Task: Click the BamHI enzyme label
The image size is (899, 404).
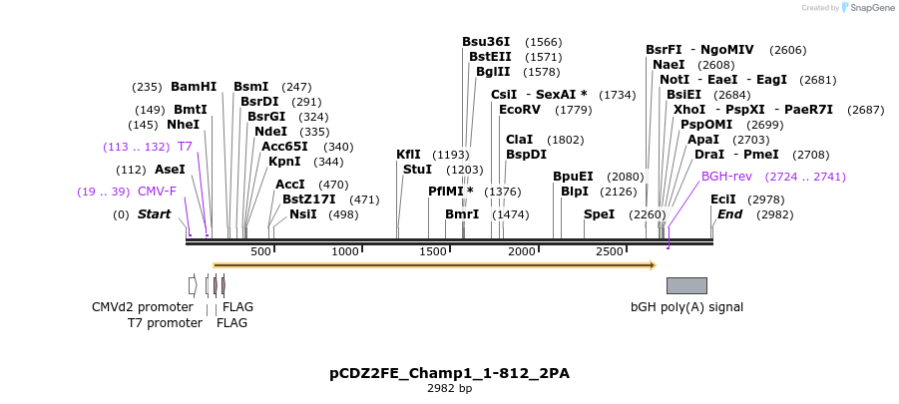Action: tap(194, 87)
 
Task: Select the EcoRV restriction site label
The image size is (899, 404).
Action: tap(519, 109)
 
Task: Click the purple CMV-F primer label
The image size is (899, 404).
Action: tap(157, 192)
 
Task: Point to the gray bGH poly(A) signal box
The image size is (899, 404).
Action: tap(686, 285)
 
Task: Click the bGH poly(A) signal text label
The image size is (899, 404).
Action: tap(686, 307)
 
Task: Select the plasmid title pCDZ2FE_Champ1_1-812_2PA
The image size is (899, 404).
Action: tap(449, 373)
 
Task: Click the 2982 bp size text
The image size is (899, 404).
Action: tap(449, 389)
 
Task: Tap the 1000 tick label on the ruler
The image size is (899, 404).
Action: tap(345, 251)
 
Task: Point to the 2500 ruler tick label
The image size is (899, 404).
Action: tap(609, 251)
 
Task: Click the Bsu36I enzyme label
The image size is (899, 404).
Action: tap(486, 42)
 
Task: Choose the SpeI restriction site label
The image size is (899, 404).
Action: tap(599, 214)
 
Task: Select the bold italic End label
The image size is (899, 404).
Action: tap(730, 214)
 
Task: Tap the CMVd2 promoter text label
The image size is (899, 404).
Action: tap(143, 307)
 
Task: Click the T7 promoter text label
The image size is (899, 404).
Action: tap(165, 323)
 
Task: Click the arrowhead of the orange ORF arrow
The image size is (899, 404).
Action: tap(652, 265)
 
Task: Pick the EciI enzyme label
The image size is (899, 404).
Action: tap(723, 200)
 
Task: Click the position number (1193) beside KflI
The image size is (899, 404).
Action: tap(450, 155)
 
